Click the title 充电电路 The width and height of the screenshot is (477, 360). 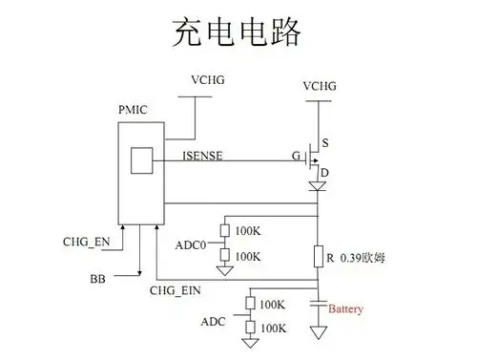[x=238, y=31]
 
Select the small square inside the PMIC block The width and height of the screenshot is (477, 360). [x=142, y=159]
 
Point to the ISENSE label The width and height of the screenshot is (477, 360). [x=201, y=155]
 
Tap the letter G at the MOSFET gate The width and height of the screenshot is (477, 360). [x=297, y=154]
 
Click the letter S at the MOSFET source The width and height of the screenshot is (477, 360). [x=326, y=143]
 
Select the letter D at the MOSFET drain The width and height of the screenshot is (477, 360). [x=326, y=172]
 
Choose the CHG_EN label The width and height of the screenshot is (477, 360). [x=86, y=242]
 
